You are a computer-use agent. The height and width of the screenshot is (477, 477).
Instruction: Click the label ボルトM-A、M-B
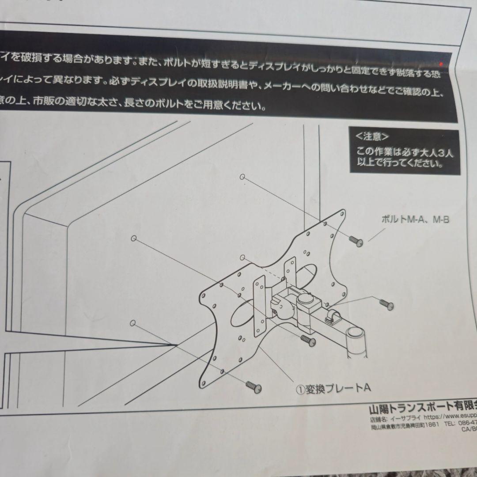415,220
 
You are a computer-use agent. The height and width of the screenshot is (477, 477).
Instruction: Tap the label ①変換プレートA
333,389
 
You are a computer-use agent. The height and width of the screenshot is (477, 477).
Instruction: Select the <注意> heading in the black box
369,136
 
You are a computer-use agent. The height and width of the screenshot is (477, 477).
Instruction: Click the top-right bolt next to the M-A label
356,241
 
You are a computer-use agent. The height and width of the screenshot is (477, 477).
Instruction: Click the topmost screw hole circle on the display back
242,177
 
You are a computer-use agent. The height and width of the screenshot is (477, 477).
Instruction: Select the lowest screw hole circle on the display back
132,323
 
